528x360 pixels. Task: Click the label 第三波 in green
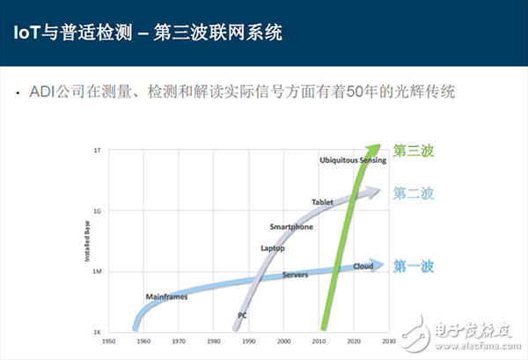pyautogui.click(x=414, y=151)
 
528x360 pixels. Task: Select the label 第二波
pyautogui.click(x=414, y=194)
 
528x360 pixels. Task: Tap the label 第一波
pyautogui.click(x=414, y=265)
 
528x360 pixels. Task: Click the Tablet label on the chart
pyautogui.click(x=322, y=202)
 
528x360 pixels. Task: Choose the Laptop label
pyautogui.click(x=273, y=248)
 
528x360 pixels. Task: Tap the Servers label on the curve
pyautogui.click(x=294, y=276)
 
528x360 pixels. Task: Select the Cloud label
pyautogui.click(x=363, y=266)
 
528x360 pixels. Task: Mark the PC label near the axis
pyautogui.click(x=243, y=314)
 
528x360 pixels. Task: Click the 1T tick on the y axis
pyautogui.click(x=98, y=151)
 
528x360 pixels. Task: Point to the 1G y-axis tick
pyautogui.click(x=98, y=211)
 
